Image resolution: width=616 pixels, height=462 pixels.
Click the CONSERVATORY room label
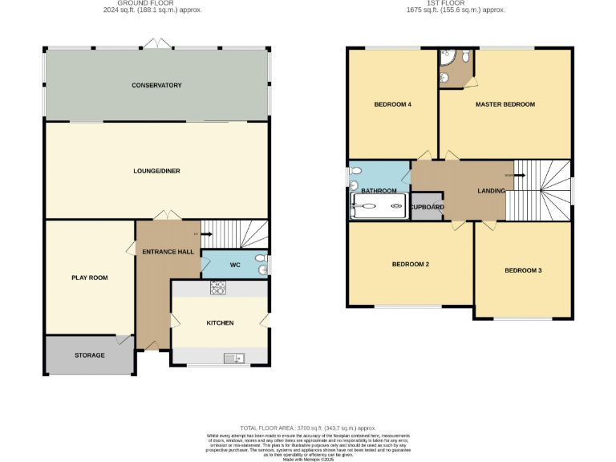(x=157, y=85)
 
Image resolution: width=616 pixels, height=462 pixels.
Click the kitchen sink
(x=233, y=357)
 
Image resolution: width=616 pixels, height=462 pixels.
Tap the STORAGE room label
(x=89, y=355)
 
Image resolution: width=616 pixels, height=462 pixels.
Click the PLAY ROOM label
(x=89, y=278)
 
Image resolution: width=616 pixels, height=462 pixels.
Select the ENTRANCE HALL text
(x=168, y=252)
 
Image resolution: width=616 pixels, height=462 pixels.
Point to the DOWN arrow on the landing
(x=509, y=175)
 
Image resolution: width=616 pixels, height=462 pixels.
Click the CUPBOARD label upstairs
(x=427, y=208)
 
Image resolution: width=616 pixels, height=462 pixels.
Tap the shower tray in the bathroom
(x=379, y=207)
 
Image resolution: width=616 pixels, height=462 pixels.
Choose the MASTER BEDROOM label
(x=505, y=104)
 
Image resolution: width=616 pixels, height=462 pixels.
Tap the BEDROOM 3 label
(x=523, y=270)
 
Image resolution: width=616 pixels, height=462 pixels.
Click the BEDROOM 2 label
(x=411, y=264)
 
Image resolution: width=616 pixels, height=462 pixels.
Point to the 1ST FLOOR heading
(x=455, y=3)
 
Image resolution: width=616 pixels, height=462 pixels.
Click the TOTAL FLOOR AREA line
(x=308, y=428)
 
